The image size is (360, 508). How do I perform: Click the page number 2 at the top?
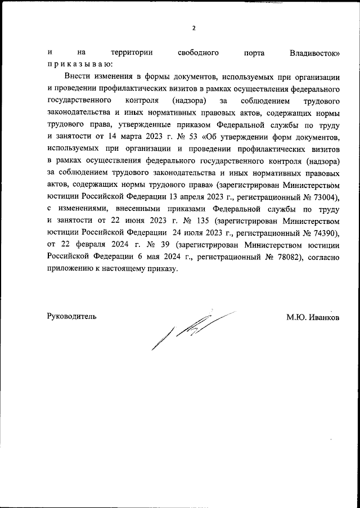pyautogui.click(x=193, y=28)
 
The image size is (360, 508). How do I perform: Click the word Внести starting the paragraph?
pyautogui.click(x=77, y=76)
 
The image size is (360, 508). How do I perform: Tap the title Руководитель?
pyautogui.click(x=71, y=317)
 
